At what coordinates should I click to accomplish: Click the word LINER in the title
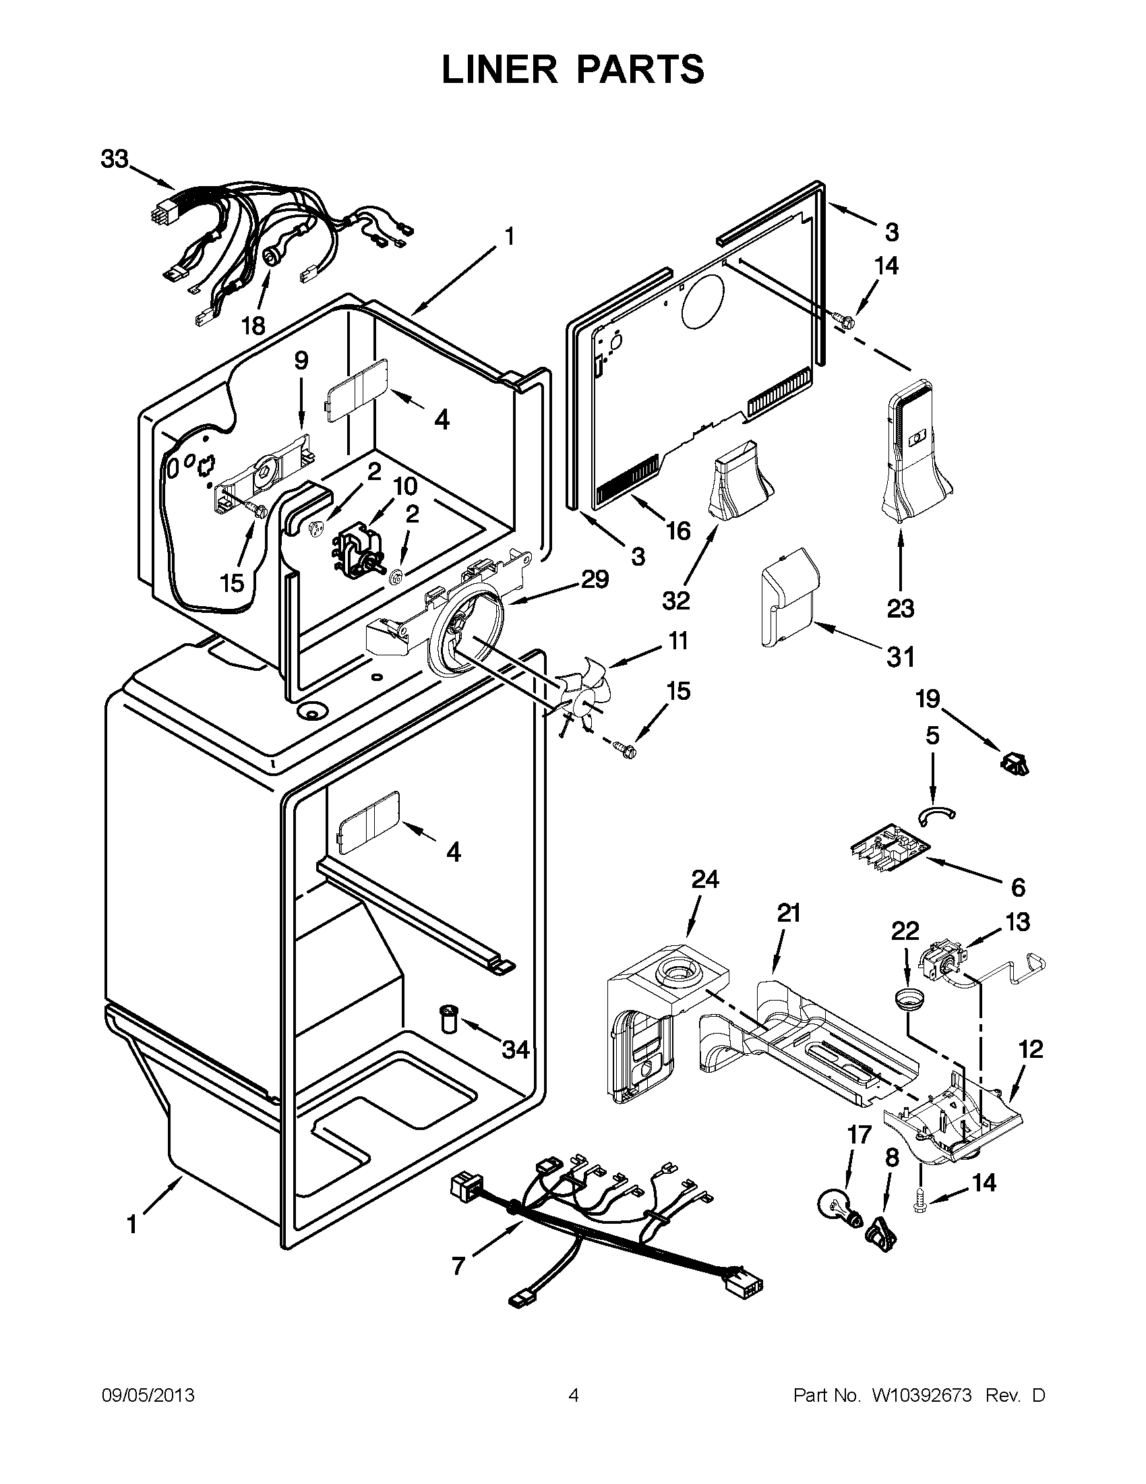tap(495, 69)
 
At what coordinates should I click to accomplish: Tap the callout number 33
tap(115, 160)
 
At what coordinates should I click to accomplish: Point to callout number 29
tap(595, 579)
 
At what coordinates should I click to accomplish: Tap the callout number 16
tap(678, 530)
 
